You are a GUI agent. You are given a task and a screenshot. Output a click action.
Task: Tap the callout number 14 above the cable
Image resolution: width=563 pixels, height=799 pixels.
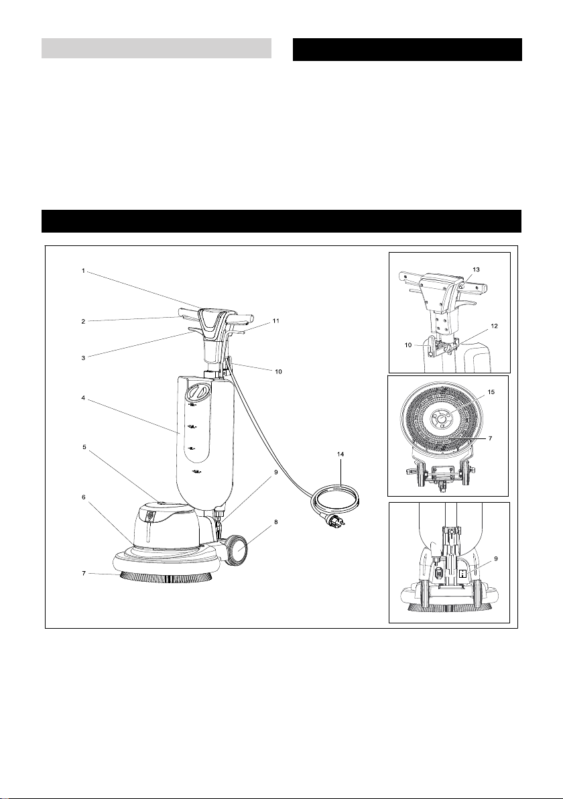pyautogui.click(x=341, y=454)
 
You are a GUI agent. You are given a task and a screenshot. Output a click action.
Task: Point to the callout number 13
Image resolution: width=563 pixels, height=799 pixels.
pyautogui.click(x=477, y=268)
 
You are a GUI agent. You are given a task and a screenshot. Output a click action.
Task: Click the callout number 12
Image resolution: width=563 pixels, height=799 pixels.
pyautogui.click(x=495, y=326)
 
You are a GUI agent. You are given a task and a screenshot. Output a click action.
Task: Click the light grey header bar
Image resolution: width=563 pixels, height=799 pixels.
pyautogui.click(x=156, y=48)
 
